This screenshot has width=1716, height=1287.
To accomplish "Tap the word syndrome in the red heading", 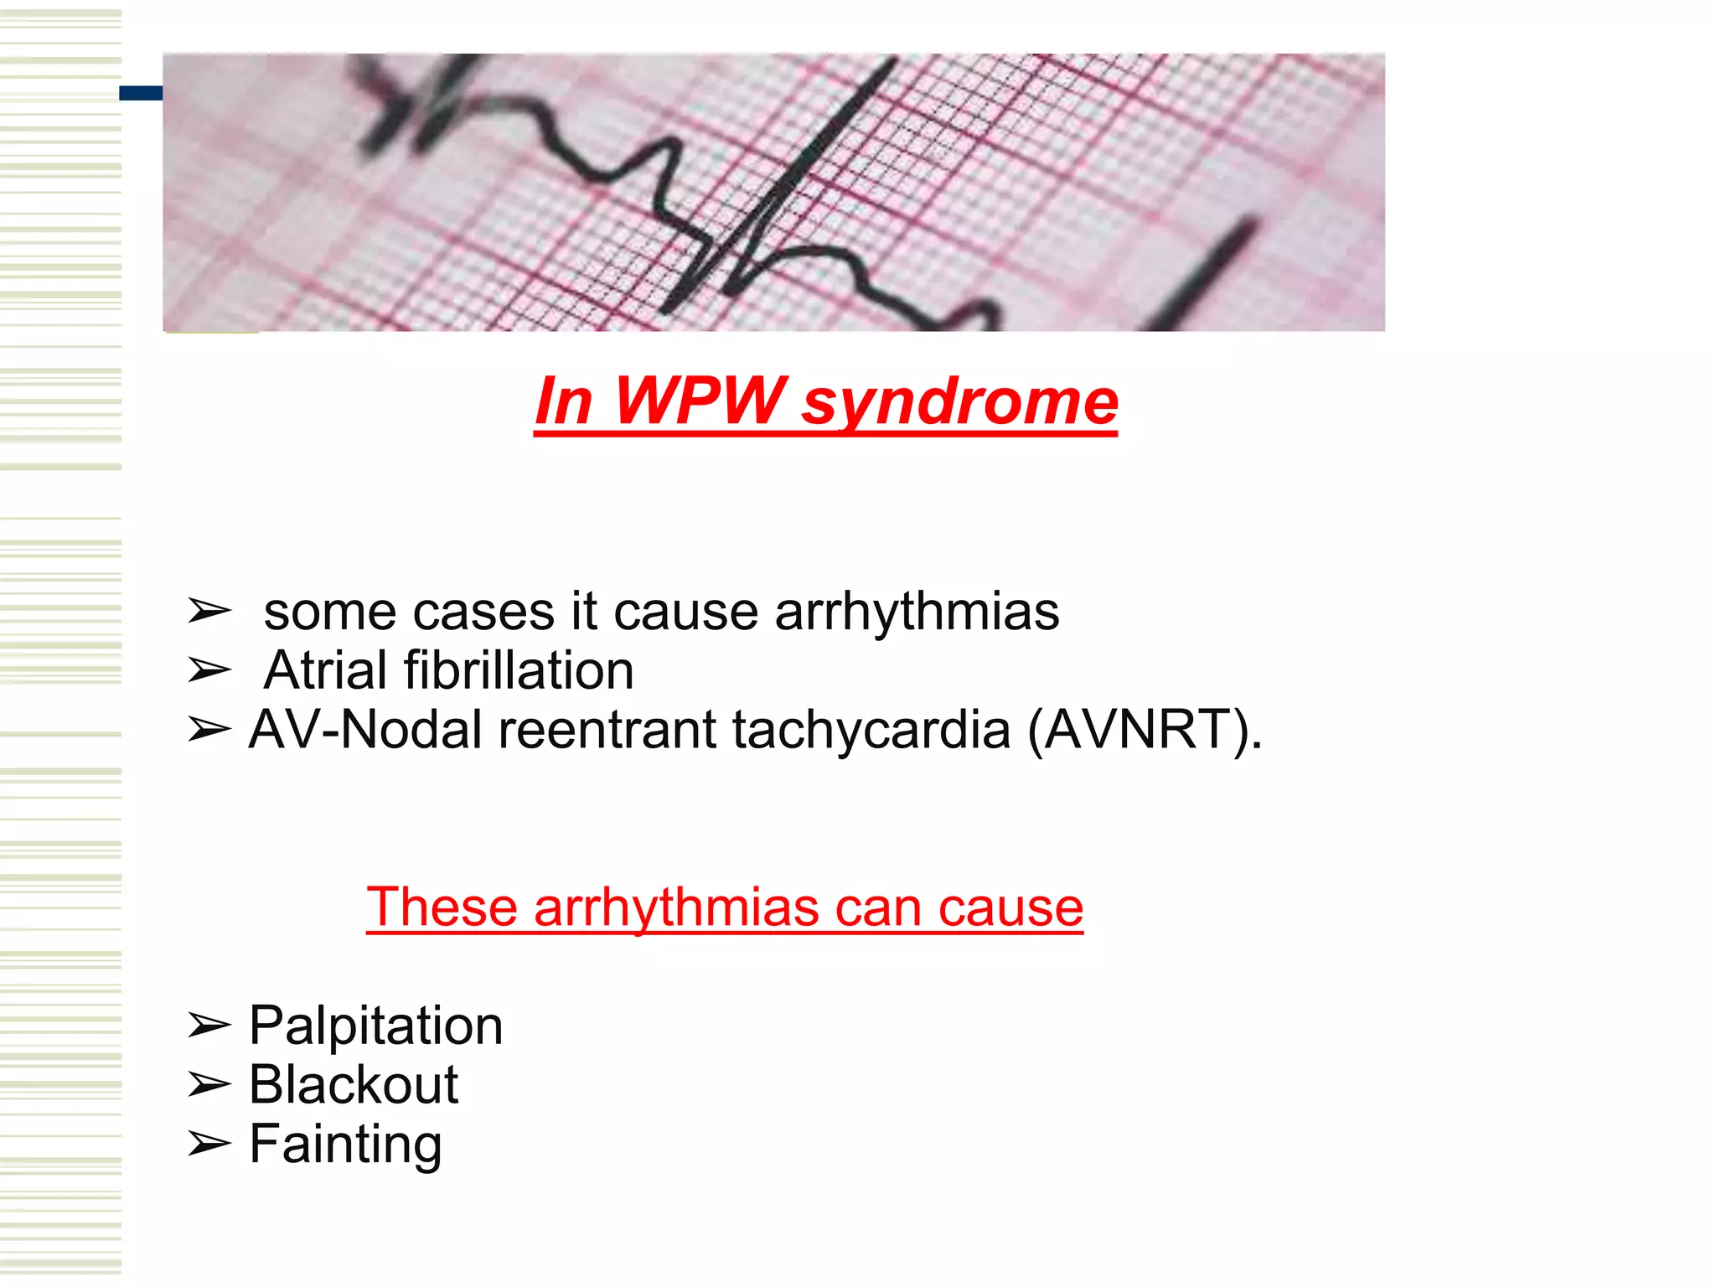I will [959, 404].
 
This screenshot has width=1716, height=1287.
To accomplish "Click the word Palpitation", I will [376, 1026].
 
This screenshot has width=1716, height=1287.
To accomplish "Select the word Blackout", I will [354, 1084].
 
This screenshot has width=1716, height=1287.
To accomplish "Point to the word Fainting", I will [345, 1145].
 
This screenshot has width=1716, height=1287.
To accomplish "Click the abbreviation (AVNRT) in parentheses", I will [1145, 730].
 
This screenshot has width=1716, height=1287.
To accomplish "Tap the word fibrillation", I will [519, 670].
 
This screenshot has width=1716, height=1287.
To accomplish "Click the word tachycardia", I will [871, 730].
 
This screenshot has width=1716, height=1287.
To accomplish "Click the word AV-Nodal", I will [366, 730].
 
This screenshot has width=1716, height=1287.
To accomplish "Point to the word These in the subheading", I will [442, 907].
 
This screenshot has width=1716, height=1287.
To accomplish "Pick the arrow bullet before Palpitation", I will [208, 1026].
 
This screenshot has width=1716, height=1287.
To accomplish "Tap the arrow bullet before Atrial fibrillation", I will [208, 670].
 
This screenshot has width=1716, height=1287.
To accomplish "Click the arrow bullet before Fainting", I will [208, 1144].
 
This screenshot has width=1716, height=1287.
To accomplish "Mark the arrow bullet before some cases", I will [208, 611].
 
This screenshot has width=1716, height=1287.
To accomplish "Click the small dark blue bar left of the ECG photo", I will [141, 93].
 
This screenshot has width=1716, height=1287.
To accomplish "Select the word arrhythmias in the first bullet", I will [917, 611].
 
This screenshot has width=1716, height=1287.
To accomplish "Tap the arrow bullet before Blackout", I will [208, 1085].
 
